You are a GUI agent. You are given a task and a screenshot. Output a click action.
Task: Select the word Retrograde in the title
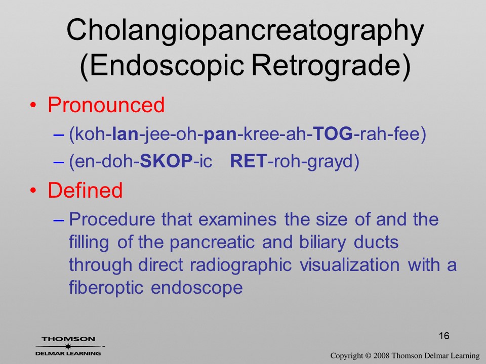point(331,66)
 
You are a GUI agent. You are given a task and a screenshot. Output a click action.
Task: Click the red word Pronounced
point(106,105)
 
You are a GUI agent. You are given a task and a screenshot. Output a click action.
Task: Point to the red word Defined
point(85,190)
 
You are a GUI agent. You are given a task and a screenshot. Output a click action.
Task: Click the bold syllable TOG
point(333,133)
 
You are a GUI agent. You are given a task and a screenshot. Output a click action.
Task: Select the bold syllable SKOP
point(167,161)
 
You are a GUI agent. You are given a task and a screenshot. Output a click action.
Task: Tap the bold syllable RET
point(248,161)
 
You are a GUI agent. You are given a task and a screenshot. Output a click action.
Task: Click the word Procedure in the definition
point(112,219)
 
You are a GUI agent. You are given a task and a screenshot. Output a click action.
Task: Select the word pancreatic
point(212,242)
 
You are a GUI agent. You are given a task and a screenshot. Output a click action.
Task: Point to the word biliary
point(322,242)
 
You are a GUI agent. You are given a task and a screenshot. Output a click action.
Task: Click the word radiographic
point(241,265)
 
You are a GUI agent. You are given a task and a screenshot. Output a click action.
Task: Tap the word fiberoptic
point(106,288)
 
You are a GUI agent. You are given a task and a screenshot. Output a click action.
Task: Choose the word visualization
point(350,265)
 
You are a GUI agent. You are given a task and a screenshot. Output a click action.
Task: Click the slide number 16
point(444,336)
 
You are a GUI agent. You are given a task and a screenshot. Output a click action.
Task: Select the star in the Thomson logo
point(68,346)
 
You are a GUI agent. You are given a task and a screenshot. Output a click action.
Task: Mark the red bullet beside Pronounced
point(33,105)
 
